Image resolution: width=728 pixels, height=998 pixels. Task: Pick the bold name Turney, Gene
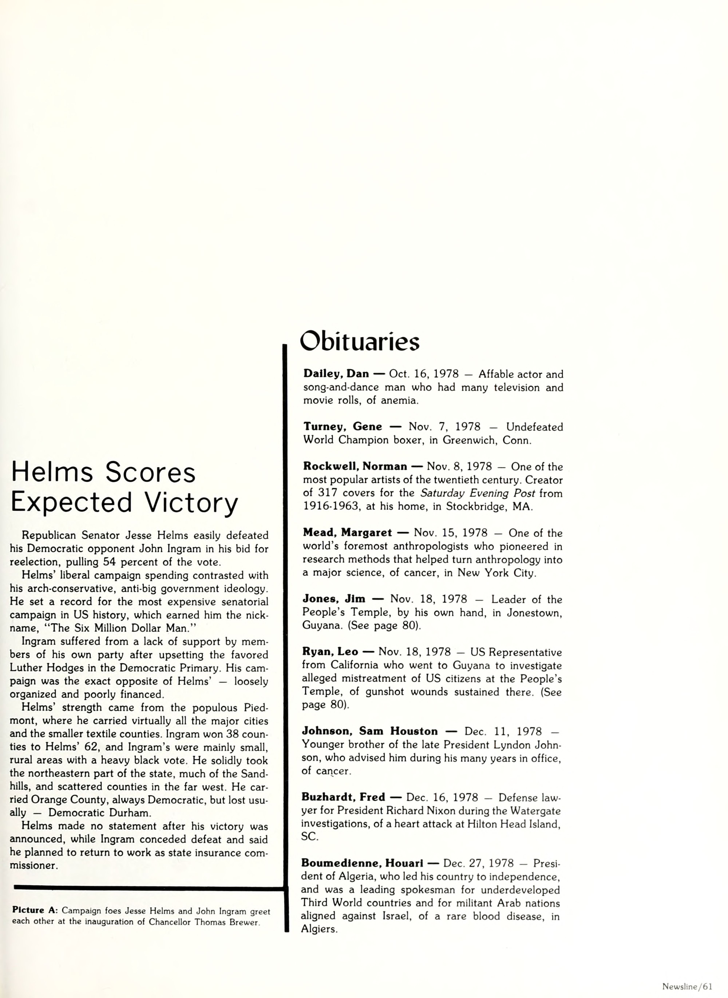(x=342, y=427)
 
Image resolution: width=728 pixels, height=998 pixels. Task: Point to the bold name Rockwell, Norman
(x=355, y=467)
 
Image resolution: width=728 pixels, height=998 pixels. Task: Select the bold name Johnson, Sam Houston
(x=370, y=731)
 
